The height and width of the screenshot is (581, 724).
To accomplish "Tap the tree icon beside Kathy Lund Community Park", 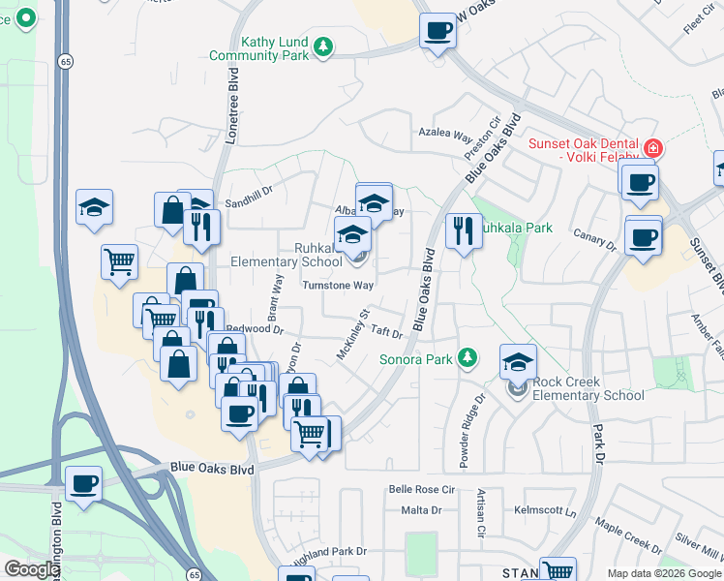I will coord(324,46).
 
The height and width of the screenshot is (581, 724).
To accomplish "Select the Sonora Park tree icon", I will coord(468,358).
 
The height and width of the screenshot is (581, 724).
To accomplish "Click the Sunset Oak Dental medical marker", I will coord(653,149).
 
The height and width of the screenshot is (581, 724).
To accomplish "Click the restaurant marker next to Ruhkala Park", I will coord(463,230).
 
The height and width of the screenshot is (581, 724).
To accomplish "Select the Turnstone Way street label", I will coord(338,286).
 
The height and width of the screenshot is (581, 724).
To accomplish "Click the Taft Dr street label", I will coord(386,332).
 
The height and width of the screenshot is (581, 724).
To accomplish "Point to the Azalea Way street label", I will coord(444,137).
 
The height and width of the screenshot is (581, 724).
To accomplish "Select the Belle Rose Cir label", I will coord(421,490).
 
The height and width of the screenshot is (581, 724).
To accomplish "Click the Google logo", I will coord(31,569).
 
